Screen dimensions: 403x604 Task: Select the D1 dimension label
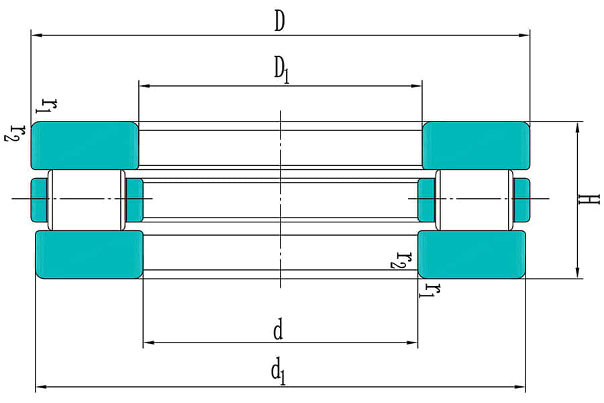point(281,70)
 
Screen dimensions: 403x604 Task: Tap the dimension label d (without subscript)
point(278,330)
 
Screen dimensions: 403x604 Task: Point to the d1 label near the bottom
point(278,371)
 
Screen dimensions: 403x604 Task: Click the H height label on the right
point(589,199)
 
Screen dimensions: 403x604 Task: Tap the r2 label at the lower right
point(401,259)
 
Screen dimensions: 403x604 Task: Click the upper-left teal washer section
point(85,145)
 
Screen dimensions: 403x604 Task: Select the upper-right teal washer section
point(475,145)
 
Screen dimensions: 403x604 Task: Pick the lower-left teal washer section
point(89,254)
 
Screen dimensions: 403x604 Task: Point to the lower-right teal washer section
point(472,254)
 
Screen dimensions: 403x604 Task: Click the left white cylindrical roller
point(86,199)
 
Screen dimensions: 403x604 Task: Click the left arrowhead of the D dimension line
point(36,34)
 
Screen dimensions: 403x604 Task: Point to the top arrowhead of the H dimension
point(578,126)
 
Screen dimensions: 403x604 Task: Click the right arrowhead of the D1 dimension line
point(417,86)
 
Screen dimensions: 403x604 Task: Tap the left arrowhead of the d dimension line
point(148,343)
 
